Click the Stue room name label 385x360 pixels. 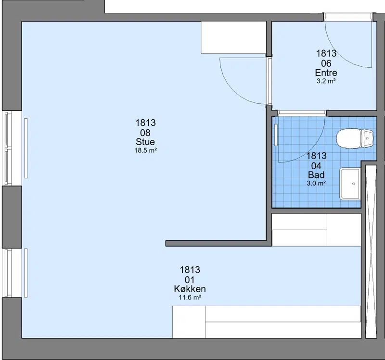tap(145, 142)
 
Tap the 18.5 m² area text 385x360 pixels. tap(145, 150)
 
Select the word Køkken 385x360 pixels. tap(190, 289)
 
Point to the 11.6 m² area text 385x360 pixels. tap(190, 298)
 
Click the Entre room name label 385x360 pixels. tap(326, 73)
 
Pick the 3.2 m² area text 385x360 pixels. tap(326, 81)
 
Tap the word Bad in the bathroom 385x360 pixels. tap(316, 175)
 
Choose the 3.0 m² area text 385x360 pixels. tap(316, 183)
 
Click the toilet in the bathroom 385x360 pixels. tap(355, 139)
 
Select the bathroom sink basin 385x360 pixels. tap(350, 184)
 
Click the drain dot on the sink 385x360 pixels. tap(354, 184)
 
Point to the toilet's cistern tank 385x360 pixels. tap(368, 139)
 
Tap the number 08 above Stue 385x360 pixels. tap(145, 133)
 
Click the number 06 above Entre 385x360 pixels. tap(326, 63)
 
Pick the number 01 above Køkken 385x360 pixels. tap(190, 280)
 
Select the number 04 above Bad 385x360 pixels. tap(316, 166)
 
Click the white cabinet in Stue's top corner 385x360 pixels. tap(233, 37)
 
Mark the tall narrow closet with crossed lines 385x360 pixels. tap(371, 252)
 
